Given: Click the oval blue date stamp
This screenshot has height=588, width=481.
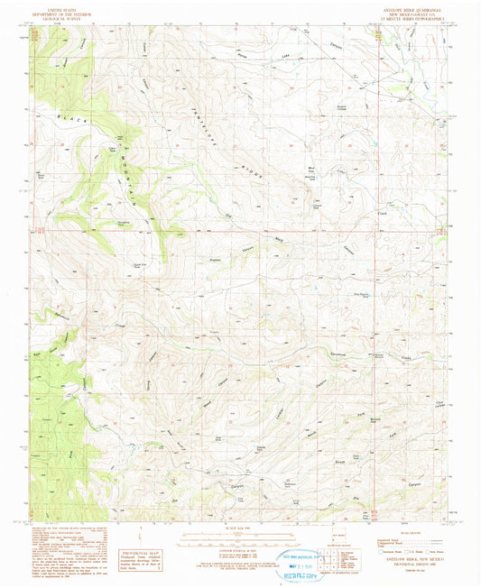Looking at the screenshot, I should point(307,559).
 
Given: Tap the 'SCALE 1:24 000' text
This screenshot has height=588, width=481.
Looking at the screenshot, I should point(239,528).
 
